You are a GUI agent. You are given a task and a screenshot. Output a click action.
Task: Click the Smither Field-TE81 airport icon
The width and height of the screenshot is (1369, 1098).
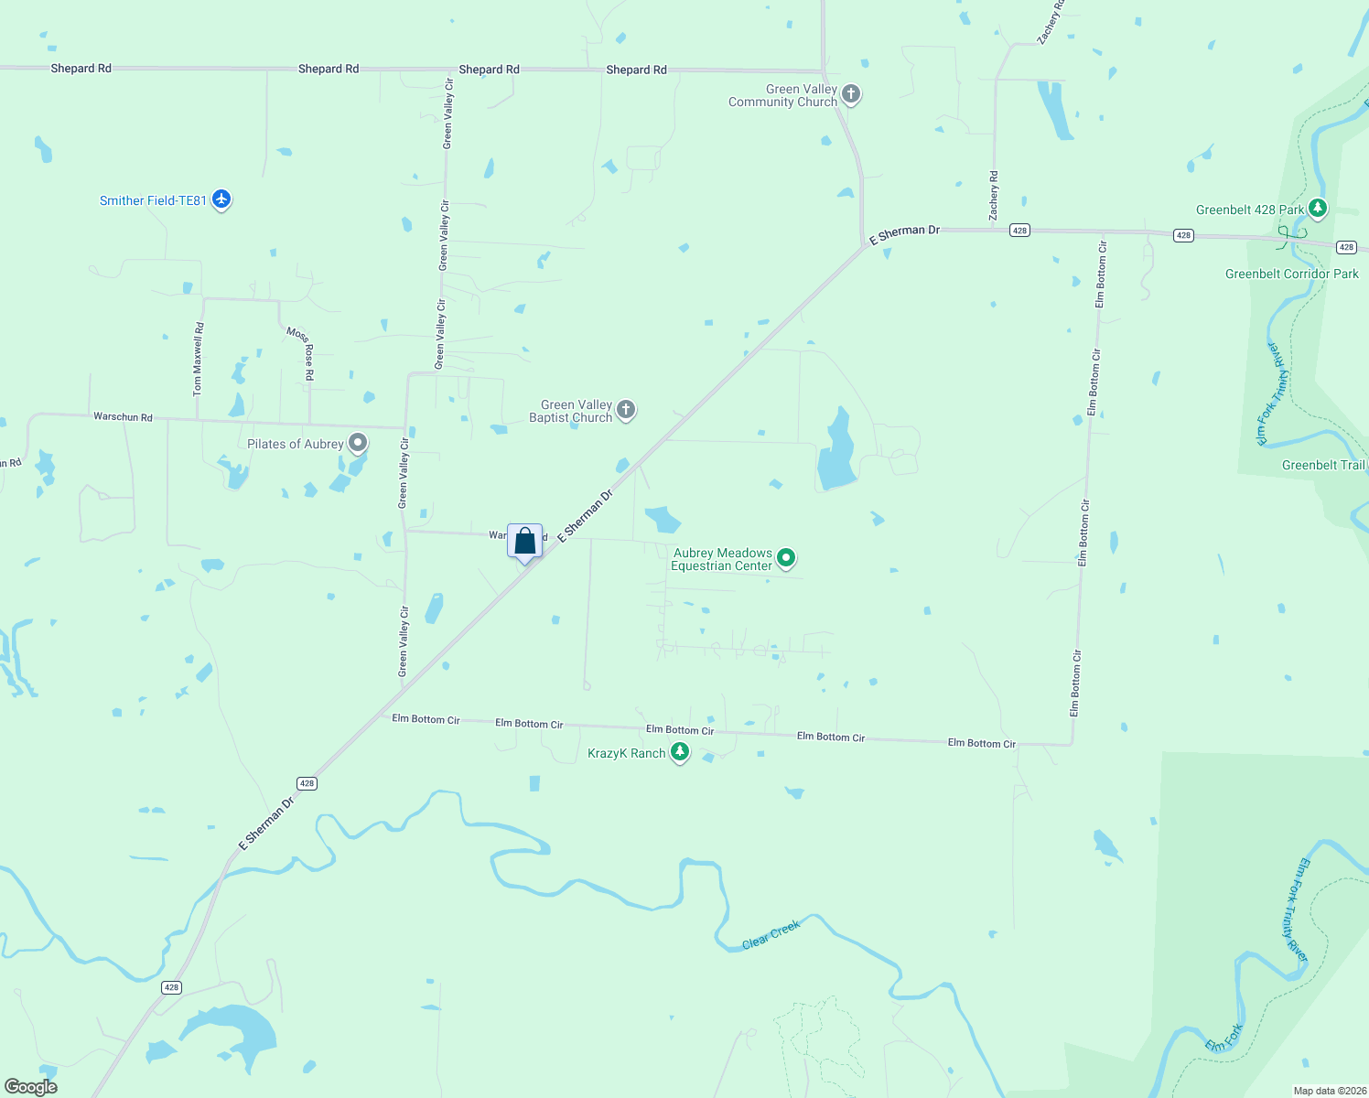tap(221, 199)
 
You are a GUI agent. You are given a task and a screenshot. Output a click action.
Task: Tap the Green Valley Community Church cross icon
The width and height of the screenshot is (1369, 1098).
tap(850, 94)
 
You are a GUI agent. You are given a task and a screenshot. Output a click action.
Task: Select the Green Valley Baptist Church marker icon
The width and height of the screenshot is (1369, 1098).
tap(626, 410)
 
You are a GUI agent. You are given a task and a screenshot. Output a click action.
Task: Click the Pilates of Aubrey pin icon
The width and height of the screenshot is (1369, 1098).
tap(358, 444)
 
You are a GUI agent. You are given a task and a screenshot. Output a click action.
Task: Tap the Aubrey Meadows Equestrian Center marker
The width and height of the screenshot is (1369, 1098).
tap(785, 558)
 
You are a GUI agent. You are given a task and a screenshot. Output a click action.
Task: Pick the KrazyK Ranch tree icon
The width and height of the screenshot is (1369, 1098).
tap(679, 753)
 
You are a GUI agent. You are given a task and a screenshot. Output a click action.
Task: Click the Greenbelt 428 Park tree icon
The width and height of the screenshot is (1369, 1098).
tap(1317, 210)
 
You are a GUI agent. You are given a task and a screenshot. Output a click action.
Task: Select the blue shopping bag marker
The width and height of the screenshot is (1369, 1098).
tap(524, 542)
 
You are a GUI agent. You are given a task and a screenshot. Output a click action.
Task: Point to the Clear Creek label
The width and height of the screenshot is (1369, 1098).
tap(771, 934)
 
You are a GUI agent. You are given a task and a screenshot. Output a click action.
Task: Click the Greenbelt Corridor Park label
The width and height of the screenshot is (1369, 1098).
tap(1291, 274)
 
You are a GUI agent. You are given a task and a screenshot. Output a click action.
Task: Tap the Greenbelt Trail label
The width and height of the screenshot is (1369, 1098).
tap(1322, 465)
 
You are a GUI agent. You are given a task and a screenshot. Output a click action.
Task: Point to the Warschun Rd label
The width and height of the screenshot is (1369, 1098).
tap(123, 416)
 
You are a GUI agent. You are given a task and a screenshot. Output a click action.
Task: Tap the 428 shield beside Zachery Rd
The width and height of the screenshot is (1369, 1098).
tap(1019, 231)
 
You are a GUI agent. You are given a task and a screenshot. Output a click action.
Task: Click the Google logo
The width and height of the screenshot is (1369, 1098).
tap(31, 1087)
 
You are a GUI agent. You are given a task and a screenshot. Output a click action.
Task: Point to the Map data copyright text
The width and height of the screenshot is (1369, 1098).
tap(1329, 1091)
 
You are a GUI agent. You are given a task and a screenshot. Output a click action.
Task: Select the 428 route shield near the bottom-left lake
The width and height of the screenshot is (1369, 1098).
tap(171, 987)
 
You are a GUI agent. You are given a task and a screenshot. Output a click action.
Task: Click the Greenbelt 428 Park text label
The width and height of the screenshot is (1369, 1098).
tap(1249, 210)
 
